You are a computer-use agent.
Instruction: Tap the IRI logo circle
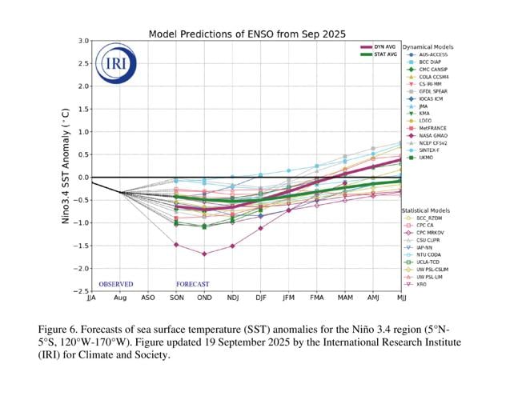(110, 64)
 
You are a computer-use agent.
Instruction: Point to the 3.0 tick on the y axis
(83, 41)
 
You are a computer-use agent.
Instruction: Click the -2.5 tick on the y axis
(81, 291)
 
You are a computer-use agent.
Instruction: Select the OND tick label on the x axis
(204, 298)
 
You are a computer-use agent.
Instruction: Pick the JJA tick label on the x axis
(91, 298)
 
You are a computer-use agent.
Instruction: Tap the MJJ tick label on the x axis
(400, 298)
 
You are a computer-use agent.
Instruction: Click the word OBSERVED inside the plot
(116, 284)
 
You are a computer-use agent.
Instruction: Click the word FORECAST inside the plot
(192, 284)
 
